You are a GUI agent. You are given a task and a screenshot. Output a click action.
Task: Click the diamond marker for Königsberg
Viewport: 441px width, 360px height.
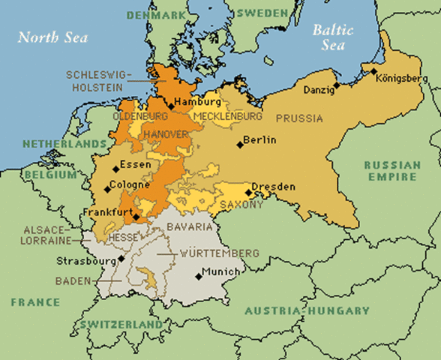(x=373, y=71)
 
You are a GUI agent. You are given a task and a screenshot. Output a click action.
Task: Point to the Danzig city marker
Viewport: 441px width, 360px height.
(x=337, y=85)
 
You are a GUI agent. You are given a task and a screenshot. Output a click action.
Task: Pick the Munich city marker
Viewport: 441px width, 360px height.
(x=199, y=276)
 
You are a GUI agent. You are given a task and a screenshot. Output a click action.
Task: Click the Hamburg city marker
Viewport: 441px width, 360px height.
(x=171, y=106)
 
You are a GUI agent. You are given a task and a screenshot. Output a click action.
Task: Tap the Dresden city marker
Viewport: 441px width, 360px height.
(x=248, y=192)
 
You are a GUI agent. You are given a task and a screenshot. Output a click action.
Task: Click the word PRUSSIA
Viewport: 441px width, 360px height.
(x=299, y=118)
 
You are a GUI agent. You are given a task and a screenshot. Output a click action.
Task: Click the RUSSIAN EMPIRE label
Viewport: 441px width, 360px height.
(x=390, y=171)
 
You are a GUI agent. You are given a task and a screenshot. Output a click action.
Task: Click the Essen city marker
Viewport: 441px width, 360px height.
(x=115, y=169)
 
